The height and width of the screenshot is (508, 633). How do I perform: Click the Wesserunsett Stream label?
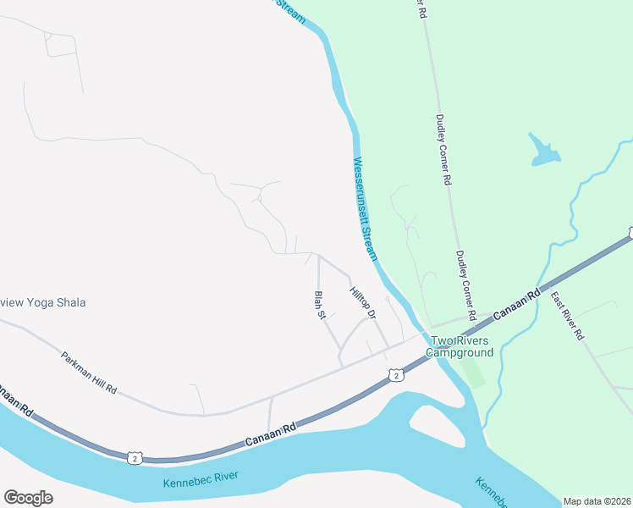click(364, 208)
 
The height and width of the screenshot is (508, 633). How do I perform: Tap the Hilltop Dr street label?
click(362, 302)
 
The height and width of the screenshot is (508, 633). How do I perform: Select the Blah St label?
click(320, 305)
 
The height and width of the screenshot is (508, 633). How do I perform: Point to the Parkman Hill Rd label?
click(89, 372)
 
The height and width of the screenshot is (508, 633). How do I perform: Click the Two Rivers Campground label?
click(462, 346)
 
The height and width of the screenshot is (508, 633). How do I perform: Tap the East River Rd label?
click(567, 316)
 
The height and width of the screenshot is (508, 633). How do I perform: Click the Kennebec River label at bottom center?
click(201, 480)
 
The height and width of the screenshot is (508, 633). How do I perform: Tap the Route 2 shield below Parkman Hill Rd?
click(135, 458)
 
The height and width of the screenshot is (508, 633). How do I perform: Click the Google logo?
click(28, 497)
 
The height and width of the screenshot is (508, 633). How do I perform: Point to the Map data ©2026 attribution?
click(597, 501)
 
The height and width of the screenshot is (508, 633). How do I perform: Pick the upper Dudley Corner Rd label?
click(443, 150)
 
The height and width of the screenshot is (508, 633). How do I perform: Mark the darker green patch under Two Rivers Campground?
click(474, 373)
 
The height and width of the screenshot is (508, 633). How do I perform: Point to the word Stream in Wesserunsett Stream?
click(370, 240)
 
